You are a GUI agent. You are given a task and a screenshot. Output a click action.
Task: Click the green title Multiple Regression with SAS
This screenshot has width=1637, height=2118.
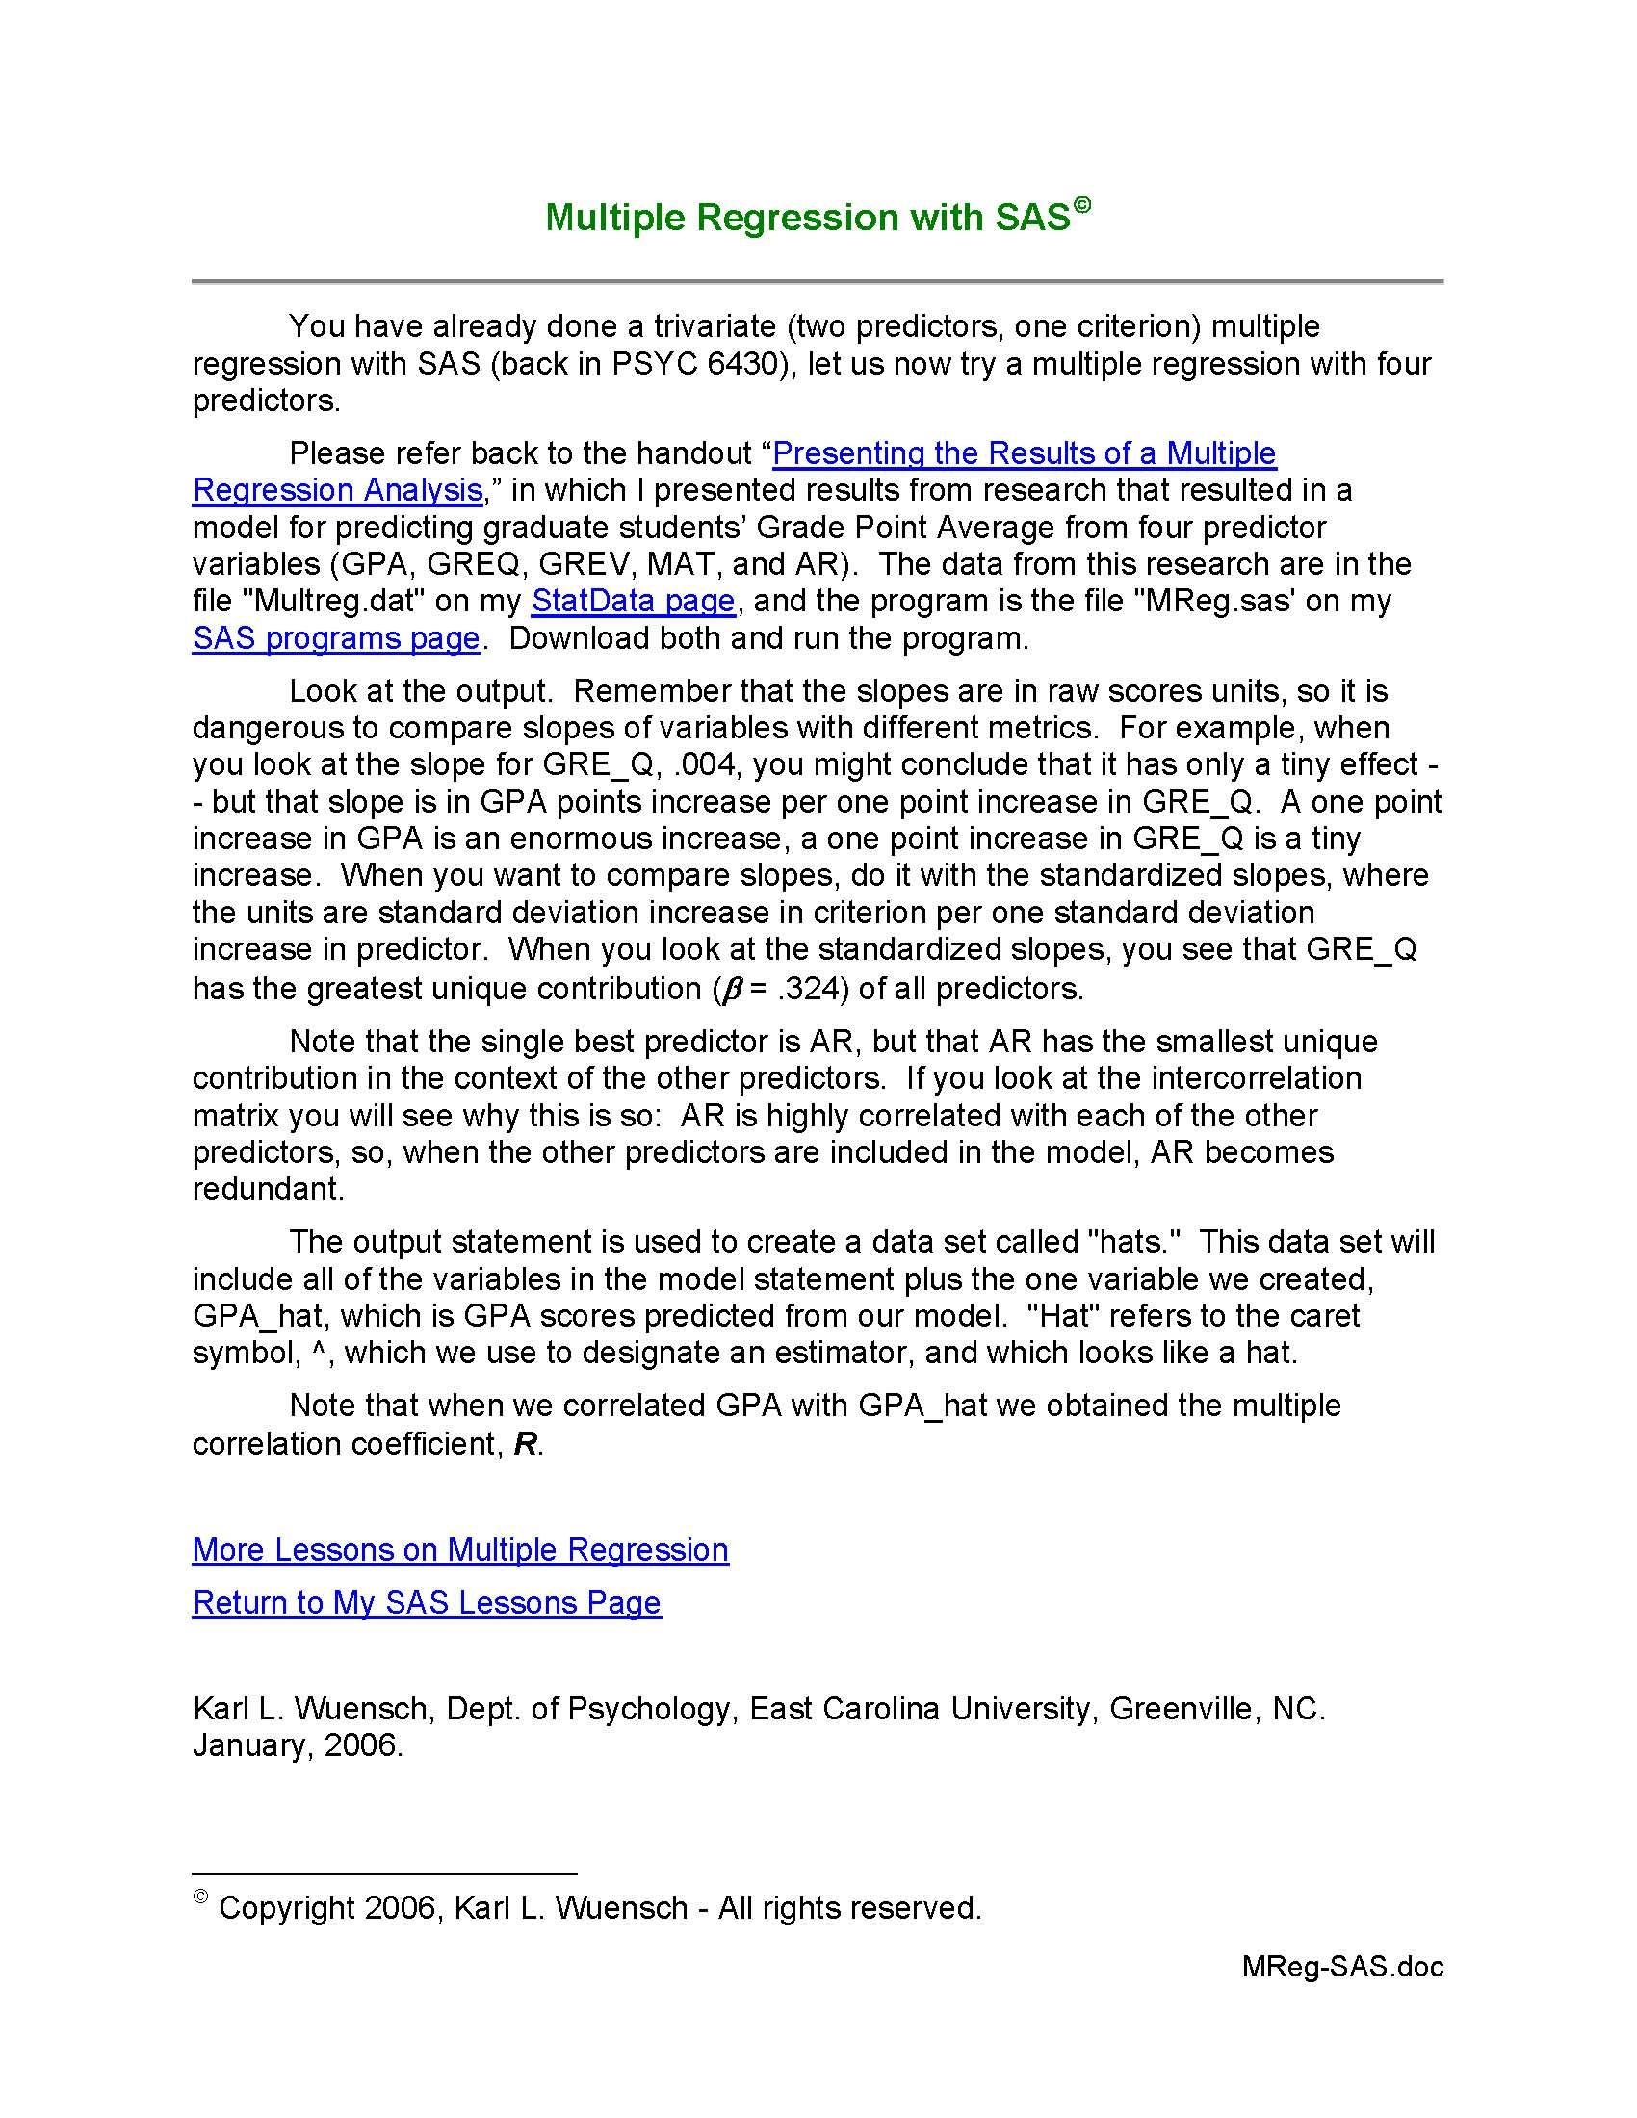click(807, 217)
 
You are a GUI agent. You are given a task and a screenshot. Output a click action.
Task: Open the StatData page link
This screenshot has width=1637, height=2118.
click(634, 601)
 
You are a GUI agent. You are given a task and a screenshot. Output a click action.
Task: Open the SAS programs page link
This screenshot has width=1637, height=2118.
click(335, 638)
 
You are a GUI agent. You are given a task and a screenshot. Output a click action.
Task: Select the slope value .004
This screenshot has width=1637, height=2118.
click(704, 764)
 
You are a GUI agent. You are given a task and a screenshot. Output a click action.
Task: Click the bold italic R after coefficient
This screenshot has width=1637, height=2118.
click(525, 1444)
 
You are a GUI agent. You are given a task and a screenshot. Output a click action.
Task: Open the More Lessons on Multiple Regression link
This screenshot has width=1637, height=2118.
click(460, 1550)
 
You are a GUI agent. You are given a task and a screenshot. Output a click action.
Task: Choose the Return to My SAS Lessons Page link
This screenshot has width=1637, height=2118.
click(427, 1602)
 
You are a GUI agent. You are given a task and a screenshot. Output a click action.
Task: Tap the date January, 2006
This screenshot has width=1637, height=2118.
click(297, 1744)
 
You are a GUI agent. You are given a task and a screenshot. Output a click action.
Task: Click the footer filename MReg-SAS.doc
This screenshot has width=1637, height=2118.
click(1342, 1967)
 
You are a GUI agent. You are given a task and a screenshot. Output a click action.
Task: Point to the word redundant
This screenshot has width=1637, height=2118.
click(268, 1189)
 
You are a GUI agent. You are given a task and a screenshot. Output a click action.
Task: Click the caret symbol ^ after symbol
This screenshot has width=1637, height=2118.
click(317, 1353)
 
